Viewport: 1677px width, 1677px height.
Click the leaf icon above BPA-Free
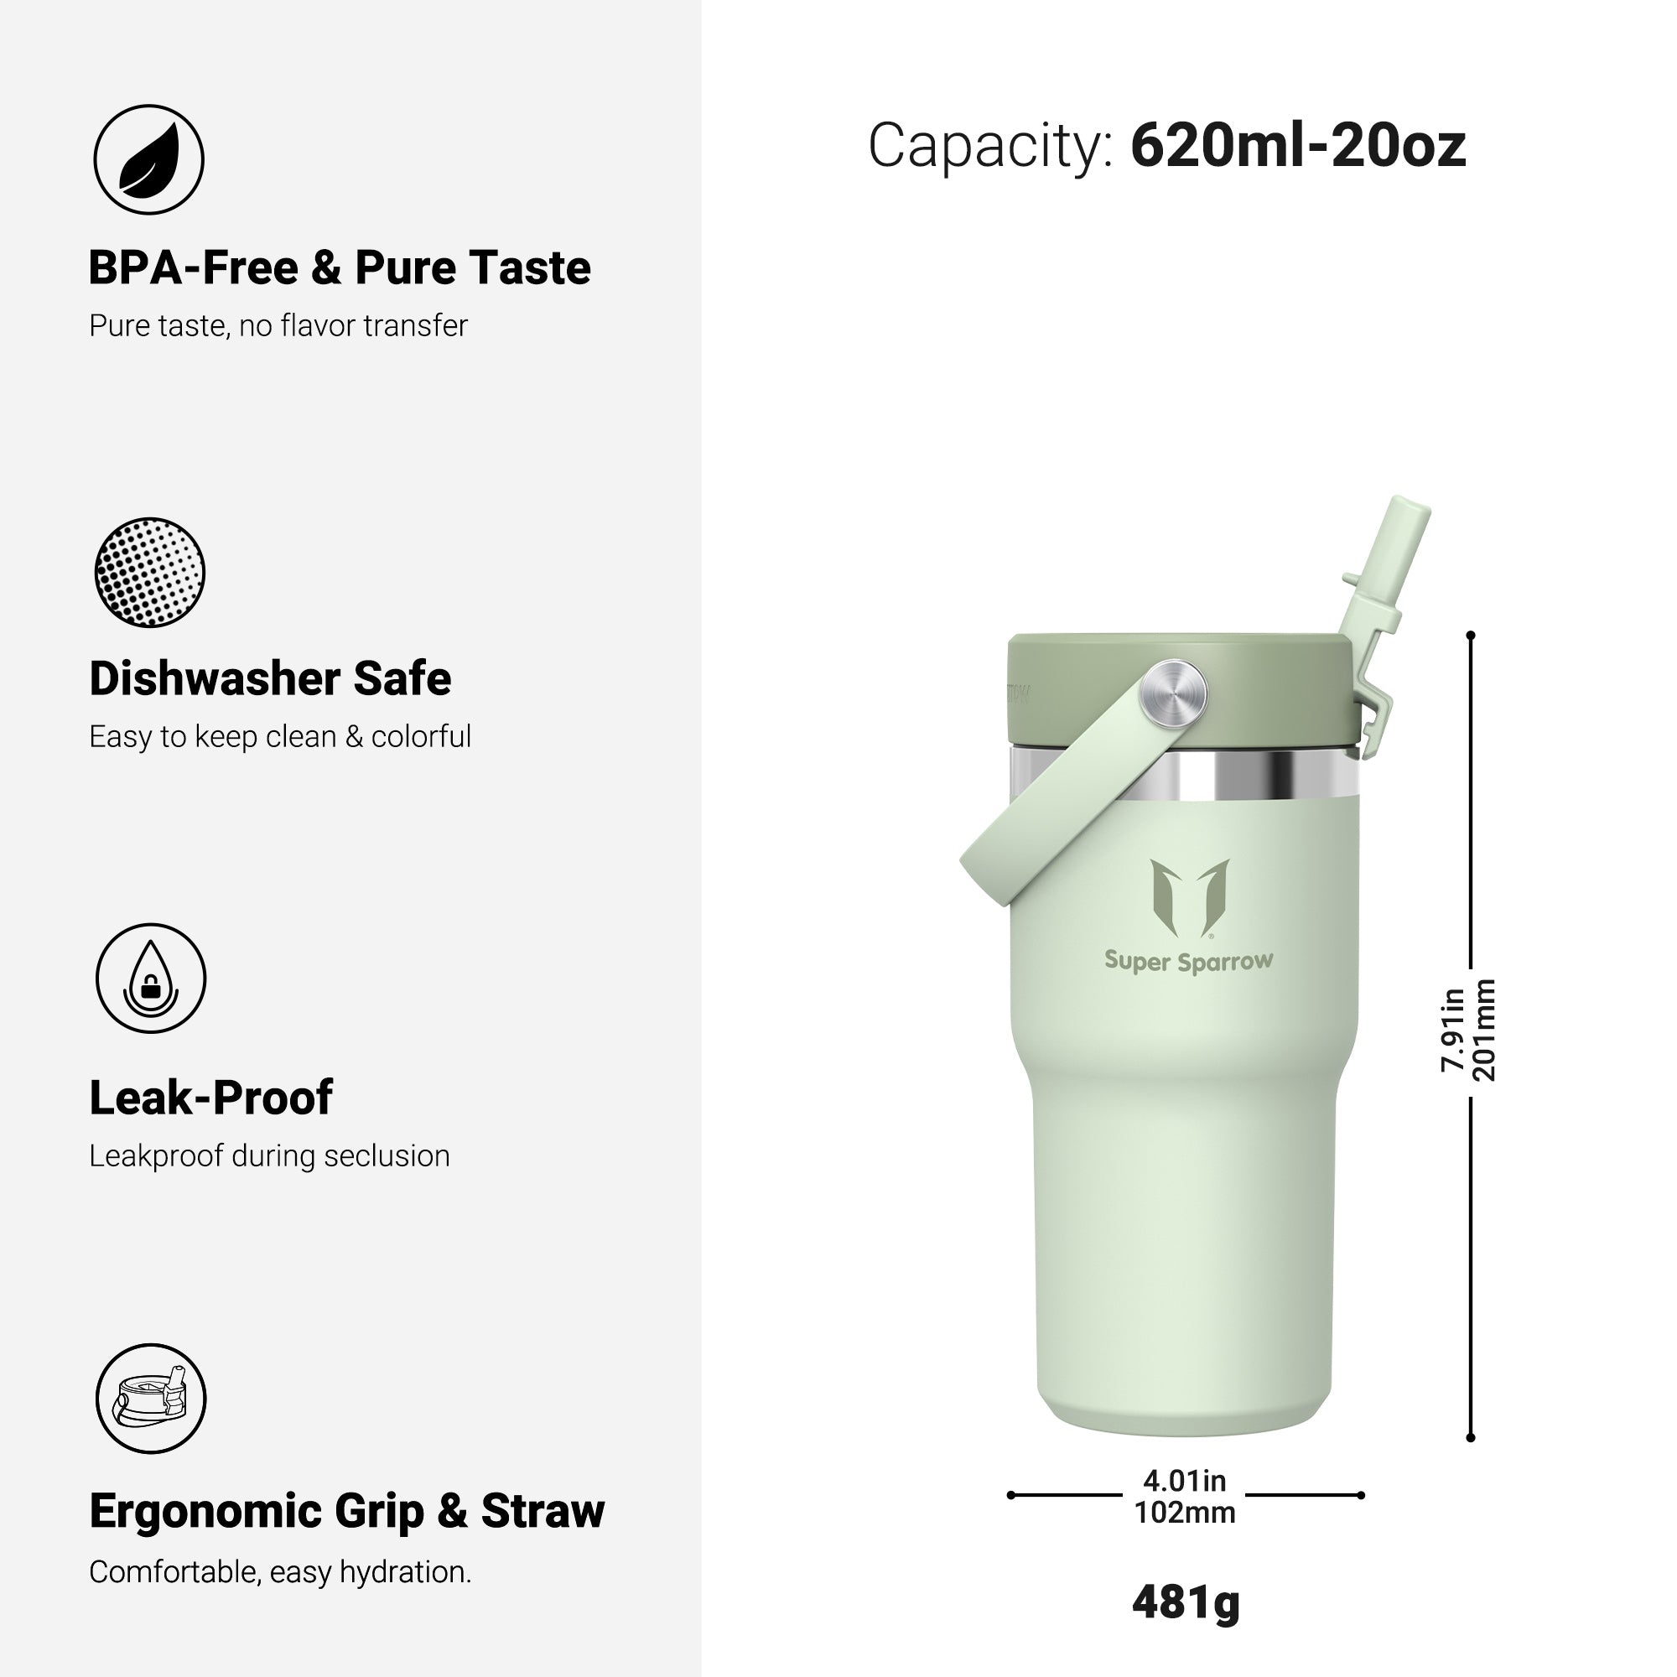click(x=148, y=159)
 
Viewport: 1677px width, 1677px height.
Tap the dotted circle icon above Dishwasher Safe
click(x=149, y=572)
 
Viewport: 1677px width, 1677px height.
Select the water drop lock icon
click(x=151, y=979)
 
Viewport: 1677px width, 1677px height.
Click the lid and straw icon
click(x=151, y=1399)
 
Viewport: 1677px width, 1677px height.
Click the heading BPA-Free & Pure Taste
click(x=340, y=267)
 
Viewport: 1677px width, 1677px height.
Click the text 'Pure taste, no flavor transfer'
click(x=278, y=325)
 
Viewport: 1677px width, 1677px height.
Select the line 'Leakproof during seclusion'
click(x=269, y=1156)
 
